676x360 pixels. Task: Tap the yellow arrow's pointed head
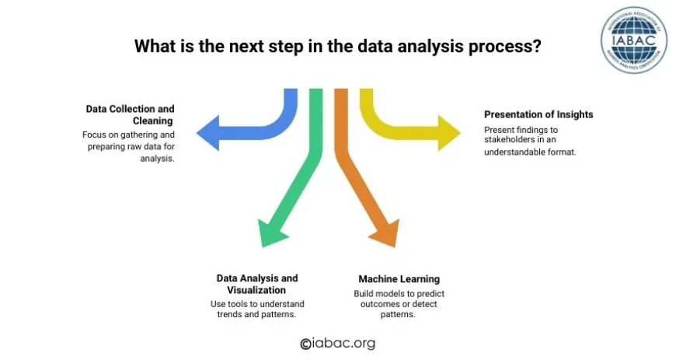point(448,132)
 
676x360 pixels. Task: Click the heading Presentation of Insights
point(538,114)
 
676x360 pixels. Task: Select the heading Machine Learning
point(399,279)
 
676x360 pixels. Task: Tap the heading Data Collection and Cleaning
point(130,115)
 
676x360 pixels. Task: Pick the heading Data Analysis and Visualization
point(257,284)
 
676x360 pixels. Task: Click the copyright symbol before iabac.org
point(305,344)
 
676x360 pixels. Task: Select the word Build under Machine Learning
point(365,293)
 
